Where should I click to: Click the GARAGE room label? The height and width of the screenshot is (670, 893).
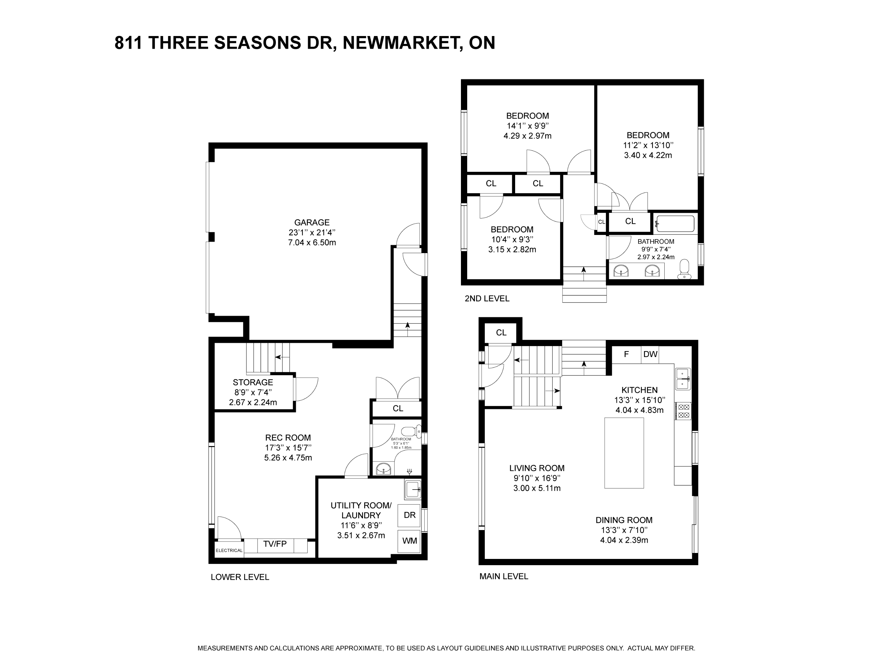(x=312, y=222)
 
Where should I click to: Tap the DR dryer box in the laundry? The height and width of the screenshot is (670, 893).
(x=409, y=515)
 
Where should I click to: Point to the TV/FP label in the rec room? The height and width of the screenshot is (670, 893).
(x=275, y=544)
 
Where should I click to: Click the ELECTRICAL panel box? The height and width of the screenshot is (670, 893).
(x=229, y=549)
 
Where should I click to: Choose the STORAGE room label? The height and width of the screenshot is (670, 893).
(x=253, y=382)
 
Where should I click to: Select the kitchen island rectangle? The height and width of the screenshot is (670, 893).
(x=624, y=453)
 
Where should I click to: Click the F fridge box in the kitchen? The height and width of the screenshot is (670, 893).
(x=626, y=354)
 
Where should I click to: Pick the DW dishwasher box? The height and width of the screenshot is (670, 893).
(x=650, y=354)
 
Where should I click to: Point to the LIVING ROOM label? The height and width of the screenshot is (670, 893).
(x=537, y=468)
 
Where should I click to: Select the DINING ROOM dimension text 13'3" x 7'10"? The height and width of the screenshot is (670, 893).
(x=624, y=530)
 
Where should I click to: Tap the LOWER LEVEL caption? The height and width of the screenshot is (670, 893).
(x=240, y=577)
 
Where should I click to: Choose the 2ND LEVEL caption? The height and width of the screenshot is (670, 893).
(x=487, y=299)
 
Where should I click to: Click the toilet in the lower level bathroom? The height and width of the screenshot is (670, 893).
(x=411, y=431)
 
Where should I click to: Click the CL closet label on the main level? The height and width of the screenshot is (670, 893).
(x=501, y=333)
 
